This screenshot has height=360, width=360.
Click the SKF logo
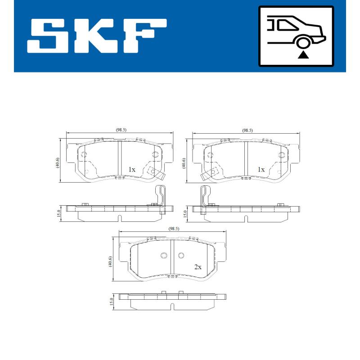coord(97,36)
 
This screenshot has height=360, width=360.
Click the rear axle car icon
coord(296,36)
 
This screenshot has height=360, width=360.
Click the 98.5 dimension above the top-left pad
coord(121,130)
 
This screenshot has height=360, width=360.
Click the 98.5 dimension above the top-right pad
coord(247,130)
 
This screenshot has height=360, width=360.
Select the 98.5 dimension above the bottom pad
coord(174,229)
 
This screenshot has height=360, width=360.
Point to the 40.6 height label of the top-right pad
coord(184,162)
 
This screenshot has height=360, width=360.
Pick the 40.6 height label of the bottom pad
coord(110,261)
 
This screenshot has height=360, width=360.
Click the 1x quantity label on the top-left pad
coord(132,170)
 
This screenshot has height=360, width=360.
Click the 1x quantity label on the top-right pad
coord(261,170)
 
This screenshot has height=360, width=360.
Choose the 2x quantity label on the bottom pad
coord(198,267)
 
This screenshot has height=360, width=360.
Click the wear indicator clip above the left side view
coord(160,196)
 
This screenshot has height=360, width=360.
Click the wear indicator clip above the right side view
coord(205,196)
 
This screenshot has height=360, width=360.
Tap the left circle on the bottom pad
coord(163,256)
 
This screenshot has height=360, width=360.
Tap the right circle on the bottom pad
coord(181,256)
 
